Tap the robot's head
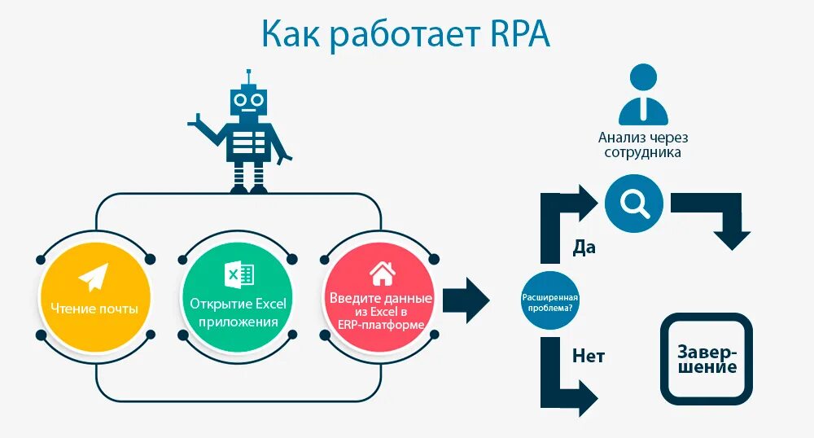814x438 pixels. (x=247, y=101)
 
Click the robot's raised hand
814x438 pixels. (x=196, y=123)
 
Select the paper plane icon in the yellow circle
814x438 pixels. (x=94, y=277)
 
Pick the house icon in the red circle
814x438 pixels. (x=381, y=273)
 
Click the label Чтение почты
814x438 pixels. (x=94, y=309)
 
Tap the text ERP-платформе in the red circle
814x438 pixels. (x=380, y=324)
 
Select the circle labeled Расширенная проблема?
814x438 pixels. (x=552, y=300)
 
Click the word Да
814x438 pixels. (x=584, y=247)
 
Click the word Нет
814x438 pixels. (x=589, y=356)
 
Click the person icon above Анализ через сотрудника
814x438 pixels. (x=643, y=95)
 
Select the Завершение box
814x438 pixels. (x=706, y=359)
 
